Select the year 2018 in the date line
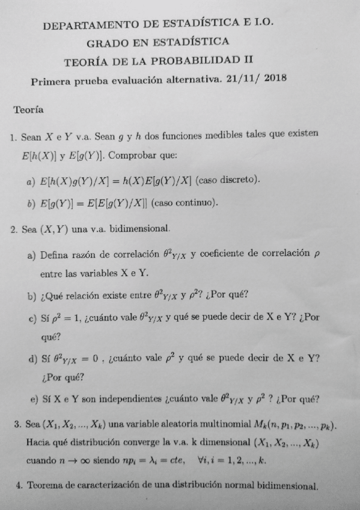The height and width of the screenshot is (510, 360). coord(275,78)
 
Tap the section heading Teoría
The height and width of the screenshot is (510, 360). coord(28,111)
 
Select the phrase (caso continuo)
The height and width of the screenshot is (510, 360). coord(185,203)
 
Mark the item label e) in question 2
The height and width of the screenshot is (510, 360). coord(34,399)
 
